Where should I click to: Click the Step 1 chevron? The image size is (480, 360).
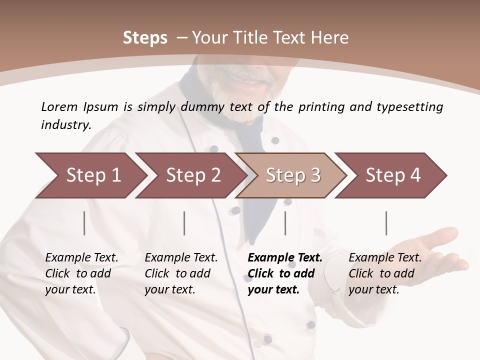point(90,175)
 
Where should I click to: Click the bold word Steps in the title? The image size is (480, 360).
point(145,38)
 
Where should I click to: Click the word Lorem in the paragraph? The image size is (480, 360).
point(59,106)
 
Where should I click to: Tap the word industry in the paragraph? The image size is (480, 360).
point(66,125)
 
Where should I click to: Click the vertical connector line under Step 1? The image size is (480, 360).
point(84,223)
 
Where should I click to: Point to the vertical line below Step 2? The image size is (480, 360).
point(184,223)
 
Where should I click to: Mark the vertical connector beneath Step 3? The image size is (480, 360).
point(285,223)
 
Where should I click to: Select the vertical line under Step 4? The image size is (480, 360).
point(386,223)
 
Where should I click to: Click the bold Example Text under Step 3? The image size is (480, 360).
point(285,258)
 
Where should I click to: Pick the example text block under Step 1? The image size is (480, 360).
point(81,273)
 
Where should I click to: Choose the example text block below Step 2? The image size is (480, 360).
point(181,273)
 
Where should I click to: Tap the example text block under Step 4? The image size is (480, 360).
point(385,273)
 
